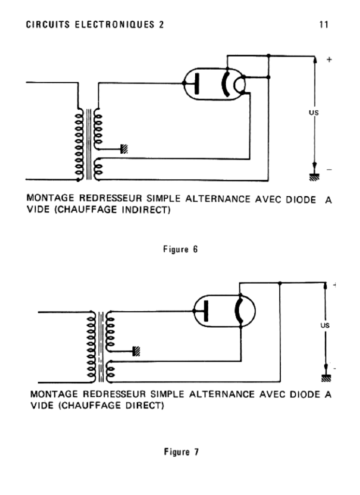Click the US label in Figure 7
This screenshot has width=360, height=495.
[x=325, y=326]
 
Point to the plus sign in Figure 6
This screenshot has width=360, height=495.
[x=330, y=59]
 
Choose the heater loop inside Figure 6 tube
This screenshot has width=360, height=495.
[x=238, y=85]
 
